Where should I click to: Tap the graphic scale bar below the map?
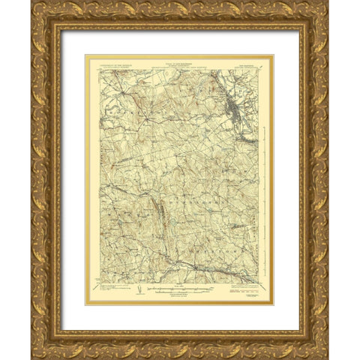click(180, 287)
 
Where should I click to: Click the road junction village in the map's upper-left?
click(147, 121)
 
